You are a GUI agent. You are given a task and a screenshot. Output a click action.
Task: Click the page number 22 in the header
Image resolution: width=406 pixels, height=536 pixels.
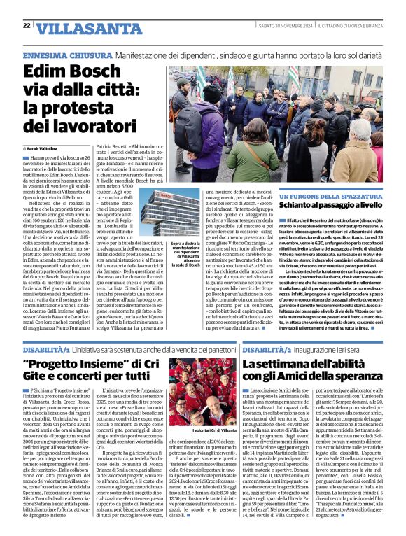(26, 25)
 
